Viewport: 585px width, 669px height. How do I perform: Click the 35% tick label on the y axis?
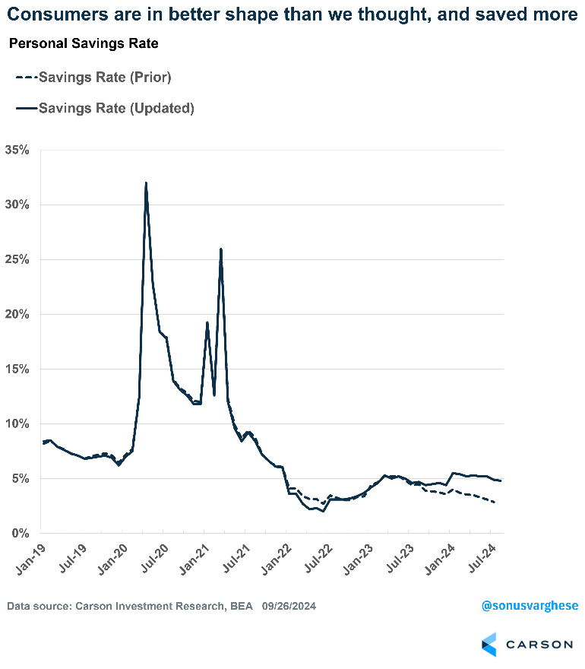[x=16, y=150]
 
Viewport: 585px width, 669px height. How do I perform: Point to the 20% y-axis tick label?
[x=16, y=314]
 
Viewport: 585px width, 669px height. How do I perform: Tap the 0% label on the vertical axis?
[x=19, y=533]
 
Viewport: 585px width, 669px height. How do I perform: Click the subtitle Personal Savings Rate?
[x=83, y=44]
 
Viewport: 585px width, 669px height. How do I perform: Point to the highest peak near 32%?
[x=145, y=183]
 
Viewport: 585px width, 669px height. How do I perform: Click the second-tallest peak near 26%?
[x=220, y=249]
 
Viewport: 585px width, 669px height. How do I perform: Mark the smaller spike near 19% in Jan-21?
[x=207, y=322]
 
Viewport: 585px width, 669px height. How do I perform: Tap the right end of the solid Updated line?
[x=501, y=480]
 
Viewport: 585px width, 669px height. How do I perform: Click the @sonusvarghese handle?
[x=530, y=605]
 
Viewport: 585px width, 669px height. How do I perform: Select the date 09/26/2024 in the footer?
[x=289, y=606]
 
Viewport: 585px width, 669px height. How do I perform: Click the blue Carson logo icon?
[x=489, y=644]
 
